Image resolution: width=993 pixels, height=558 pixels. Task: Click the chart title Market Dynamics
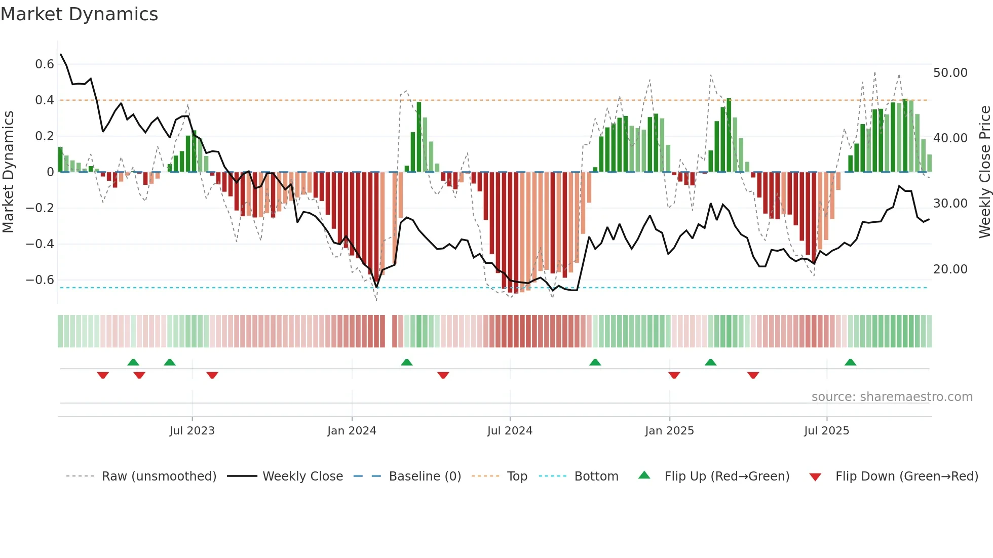click(x=79, y=14)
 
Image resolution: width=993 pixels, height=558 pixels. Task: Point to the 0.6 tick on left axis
click(x=45, y=64)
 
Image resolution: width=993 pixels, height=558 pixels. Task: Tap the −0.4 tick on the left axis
click(x=40, y=244)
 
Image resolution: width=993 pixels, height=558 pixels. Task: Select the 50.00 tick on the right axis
click(x=950, y=73)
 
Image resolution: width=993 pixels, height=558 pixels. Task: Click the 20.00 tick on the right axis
click(x=950, y=269)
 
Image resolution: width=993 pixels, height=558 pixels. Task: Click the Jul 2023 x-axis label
click(x=192, y=431)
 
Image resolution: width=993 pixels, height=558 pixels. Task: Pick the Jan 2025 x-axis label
click(x=669, y=431)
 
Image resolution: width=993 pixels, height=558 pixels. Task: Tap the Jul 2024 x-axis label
click(x=510, y=431)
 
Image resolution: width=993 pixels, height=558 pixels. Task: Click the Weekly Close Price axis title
click(x=984, y=172)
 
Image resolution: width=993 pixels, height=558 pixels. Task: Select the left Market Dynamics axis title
click(x=8, y=172)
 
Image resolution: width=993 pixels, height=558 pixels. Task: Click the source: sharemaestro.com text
click(x=892, y=397)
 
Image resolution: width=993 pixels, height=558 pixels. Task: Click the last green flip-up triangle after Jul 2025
click(x=850, y=363)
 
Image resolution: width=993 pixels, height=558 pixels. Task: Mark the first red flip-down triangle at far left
click(x=103, y=375)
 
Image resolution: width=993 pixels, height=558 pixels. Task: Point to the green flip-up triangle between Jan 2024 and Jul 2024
click(x=406, y=363)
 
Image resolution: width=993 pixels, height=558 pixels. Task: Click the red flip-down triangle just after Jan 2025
click(x=674, y=375)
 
